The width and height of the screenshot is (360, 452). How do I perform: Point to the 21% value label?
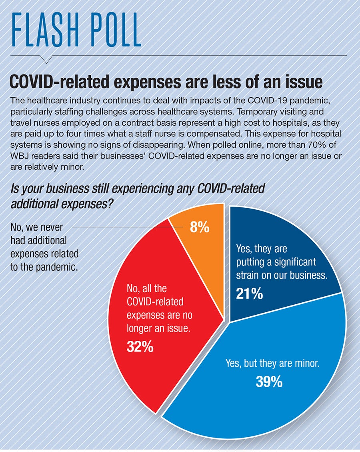pos(250,294)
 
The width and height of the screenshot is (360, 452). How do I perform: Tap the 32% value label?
pos(140,347)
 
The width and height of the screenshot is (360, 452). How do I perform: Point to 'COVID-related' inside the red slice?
pos(155,301)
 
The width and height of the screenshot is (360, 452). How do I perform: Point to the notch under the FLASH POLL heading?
pos(46,60)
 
